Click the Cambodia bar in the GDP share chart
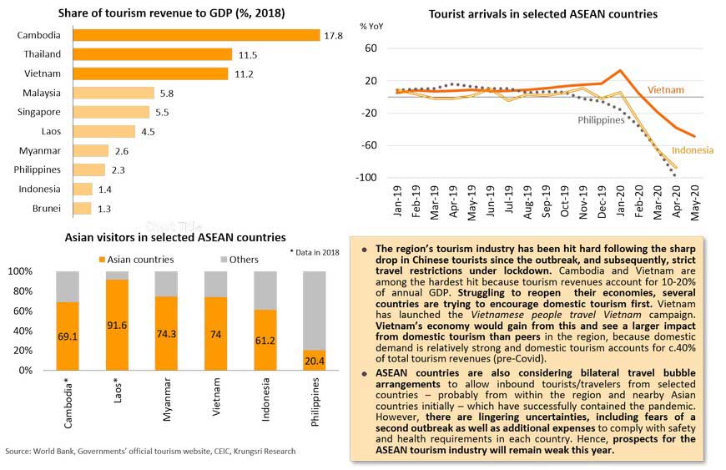196,35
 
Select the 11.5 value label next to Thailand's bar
244,54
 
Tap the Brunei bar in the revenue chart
82,208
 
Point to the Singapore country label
39,112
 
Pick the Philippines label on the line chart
602,120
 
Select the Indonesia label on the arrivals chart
693,150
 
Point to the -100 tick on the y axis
368,178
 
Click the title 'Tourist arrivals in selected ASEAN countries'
543,14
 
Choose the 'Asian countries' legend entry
137,259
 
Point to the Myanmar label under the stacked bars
167,400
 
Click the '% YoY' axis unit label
372,26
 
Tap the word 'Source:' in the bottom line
18,452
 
